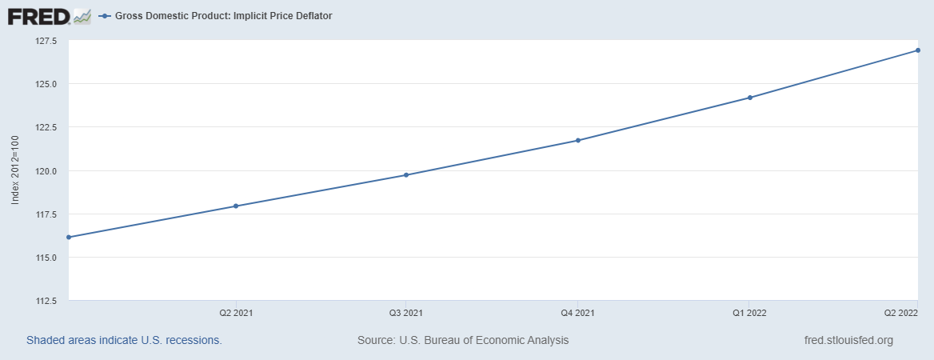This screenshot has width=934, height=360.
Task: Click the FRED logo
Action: click(49, 17)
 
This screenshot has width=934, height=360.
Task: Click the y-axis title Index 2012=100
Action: click(15, 170)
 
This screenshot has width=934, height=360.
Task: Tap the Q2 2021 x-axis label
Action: click(237, 313)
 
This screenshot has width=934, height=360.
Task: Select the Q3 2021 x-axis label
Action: click(406, 313)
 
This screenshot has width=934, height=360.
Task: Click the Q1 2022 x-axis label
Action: click(749, 313)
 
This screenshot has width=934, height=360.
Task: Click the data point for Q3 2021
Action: click(406, 175)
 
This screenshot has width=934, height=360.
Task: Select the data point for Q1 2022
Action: click(750, 98)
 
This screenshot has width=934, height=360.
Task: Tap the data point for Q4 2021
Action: click(578, 141)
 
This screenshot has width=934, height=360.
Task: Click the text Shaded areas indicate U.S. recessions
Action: click(124, 340)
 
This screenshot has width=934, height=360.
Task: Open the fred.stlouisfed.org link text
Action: click(848, 340)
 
